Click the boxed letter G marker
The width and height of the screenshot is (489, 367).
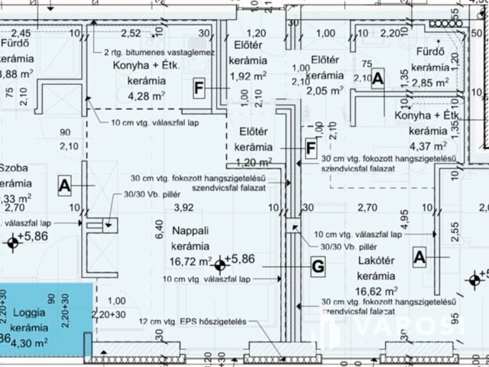pos(318,266)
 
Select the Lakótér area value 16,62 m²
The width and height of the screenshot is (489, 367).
pos(376,291)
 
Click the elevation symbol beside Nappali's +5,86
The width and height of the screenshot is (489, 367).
pos(220,265)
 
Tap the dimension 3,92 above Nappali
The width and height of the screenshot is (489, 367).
pos(183,207)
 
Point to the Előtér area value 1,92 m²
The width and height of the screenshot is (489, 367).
pos(248,76)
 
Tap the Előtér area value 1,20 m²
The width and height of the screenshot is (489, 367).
pos(252,161)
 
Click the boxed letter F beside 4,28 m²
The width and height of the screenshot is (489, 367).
pos(198,89)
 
